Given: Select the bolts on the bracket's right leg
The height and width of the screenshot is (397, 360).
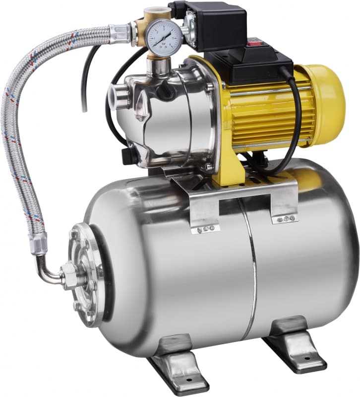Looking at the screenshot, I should point(287,218).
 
